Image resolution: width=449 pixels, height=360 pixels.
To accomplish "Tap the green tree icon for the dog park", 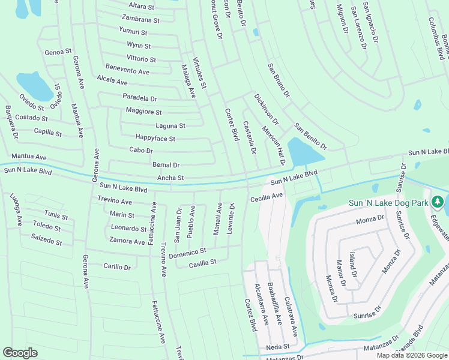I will tap(439, 202).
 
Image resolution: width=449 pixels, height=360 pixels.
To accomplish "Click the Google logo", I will tap(20, 353).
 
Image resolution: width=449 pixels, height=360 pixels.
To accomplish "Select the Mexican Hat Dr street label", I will tap(273, 145).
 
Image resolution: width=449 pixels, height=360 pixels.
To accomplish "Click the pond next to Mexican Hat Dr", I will tap(303, 152).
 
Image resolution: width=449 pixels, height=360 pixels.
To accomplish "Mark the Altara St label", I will tap(142, 6).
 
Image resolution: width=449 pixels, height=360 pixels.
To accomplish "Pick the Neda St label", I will tap(278, 347).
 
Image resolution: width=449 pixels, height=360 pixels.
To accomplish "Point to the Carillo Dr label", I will tap(117, 266).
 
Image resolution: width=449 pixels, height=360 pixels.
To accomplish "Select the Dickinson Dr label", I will tap(266, 109).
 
